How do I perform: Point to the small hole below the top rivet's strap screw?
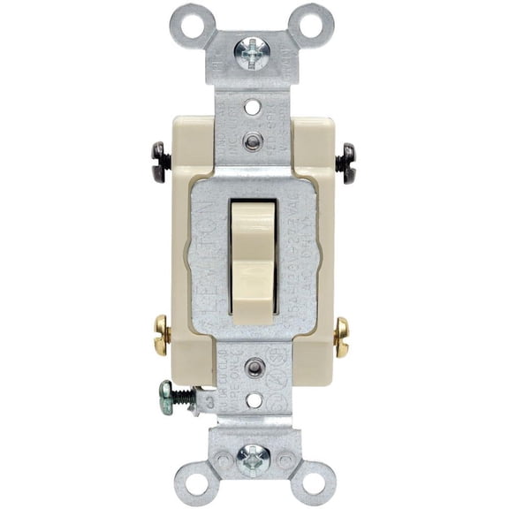(x=254, y=110)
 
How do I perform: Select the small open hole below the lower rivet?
(x=254, y=399)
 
